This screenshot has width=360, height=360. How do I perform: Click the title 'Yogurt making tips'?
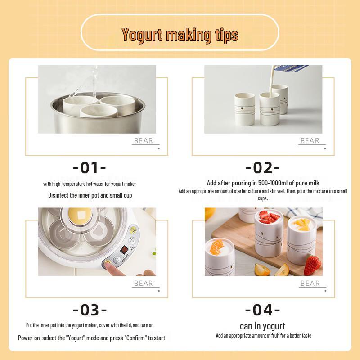[180, 35]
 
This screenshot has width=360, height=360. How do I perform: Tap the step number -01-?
[90, 168]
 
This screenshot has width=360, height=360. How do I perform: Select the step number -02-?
[263, 168]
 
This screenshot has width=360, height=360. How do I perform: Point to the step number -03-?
[90, 310]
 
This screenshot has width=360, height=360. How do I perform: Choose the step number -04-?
[263, 310]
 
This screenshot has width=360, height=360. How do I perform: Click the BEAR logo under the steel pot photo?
[144, 141]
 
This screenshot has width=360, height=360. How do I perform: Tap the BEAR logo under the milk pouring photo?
[310, 141]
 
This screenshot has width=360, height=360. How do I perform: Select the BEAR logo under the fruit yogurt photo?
[310, 283]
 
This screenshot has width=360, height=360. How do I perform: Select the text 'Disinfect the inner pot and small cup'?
[90, 195]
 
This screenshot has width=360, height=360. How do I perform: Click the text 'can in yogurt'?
[263, 326]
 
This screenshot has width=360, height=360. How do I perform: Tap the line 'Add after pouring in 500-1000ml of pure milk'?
[263, 183]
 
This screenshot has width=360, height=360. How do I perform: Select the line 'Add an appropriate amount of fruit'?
[263, 336]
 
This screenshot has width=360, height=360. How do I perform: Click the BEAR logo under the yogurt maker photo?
[144, 283]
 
